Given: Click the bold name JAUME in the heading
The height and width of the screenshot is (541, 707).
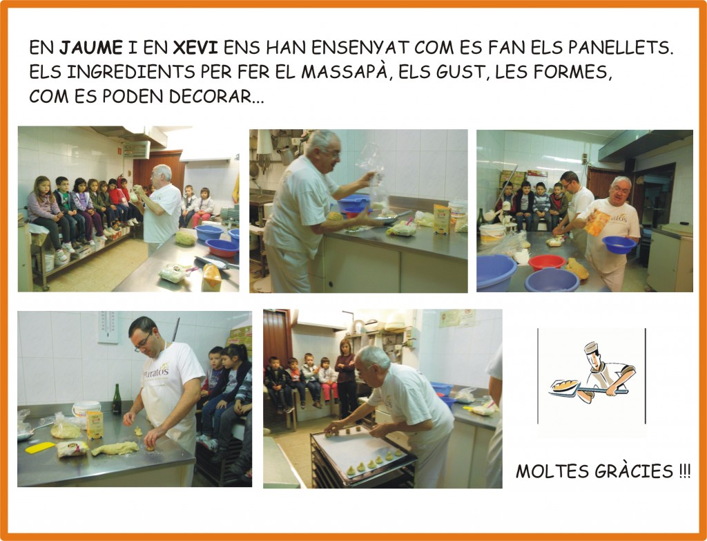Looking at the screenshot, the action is click(91, 48).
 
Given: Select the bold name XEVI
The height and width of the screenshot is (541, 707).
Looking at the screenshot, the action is click(195, 48).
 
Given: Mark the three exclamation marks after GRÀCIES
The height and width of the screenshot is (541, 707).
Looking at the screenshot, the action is click(684, 471).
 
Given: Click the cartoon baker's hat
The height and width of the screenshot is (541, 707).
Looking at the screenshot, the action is click(592, 347).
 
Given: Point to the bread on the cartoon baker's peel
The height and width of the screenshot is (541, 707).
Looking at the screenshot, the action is click(564, 386).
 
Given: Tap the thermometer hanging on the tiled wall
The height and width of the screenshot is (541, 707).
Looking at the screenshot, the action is click(108, 327).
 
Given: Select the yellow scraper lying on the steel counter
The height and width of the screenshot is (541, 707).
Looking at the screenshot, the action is click(40, 448).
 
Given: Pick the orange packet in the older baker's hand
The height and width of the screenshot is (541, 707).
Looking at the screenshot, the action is click(597, 223).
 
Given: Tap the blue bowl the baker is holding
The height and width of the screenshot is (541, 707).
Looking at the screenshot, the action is click(619, 245).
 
